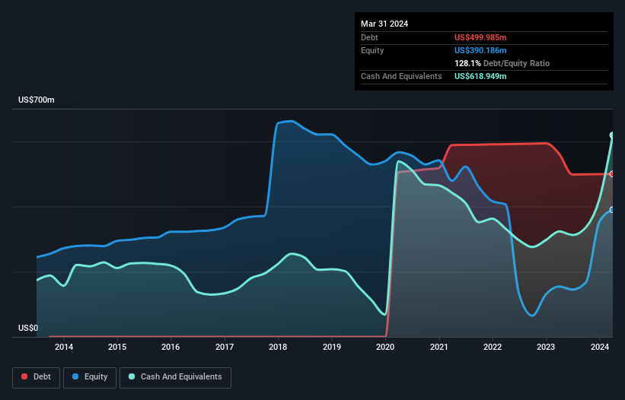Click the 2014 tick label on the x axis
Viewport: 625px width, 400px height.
coord(64,348)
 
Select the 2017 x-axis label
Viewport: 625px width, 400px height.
coord(225,348)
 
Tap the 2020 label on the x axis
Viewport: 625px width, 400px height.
coord(385,348)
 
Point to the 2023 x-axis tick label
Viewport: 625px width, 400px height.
coord(546,348)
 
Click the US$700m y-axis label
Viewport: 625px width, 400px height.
coord(36,100)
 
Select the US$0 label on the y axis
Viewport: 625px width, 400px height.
coord(29,329)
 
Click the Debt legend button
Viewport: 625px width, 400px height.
coord(35,376)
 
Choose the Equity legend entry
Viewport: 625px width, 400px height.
coord(91,376)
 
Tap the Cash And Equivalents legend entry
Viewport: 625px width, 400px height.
coord(175,376)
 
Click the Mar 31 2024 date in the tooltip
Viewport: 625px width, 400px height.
coord(384,24)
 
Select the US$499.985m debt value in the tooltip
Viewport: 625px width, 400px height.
coord(485,37)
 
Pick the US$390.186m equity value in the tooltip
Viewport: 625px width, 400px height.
coord(485,50)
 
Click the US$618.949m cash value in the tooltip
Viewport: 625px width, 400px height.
coord(485,76)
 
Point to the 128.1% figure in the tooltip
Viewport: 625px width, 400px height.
coord(467,63)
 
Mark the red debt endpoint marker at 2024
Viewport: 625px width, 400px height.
coord(612,174)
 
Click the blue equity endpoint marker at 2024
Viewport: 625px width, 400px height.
coord(612,210)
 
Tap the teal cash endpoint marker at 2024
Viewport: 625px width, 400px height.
coord(612,135)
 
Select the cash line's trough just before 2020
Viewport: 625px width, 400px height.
coord(384,314)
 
